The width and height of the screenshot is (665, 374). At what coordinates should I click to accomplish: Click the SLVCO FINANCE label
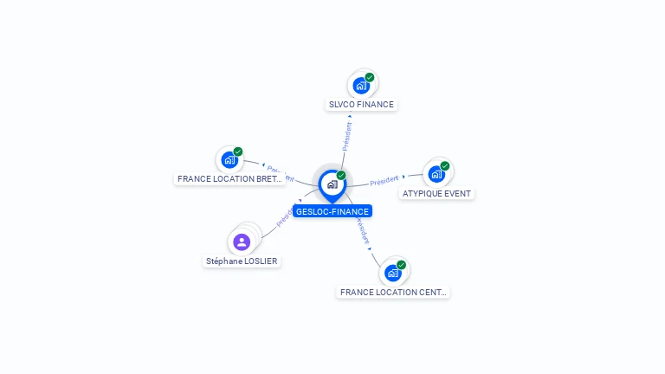click(361, 105)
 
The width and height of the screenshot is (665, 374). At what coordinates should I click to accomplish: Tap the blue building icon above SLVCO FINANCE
click(361, 87)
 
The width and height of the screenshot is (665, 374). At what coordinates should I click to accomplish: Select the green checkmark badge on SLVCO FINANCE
click(370, 78)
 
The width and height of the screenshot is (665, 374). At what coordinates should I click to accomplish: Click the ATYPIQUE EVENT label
click(436, 193)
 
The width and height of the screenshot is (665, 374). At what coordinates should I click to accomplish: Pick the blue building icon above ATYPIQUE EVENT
click(436, 174)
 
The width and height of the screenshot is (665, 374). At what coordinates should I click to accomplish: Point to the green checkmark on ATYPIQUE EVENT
click(445, 166)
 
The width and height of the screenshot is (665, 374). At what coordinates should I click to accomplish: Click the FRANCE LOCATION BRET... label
click(229, 179)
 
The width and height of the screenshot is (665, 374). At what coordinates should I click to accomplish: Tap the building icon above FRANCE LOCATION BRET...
click(229, 160)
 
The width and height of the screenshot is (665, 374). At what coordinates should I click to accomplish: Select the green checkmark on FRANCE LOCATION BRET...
click(238, 152)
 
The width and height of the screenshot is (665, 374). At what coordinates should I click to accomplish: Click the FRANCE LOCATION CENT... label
click(394, 293)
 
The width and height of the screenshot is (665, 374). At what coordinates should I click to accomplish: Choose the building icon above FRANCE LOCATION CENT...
click(393, 274)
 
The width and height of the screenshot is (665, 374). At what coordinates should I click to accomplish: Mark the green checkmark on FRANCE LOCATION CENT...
click(402, 265)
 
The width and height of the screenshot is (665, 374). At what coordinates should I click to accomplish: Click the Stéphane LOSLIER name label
click(242, 261)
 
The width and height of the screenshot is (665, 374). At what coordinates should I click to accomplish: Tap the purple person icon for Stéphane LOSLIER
click(242, 242)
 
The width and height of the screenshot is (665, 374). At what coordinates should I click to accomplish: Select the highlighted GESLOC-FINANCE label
click(332, 211)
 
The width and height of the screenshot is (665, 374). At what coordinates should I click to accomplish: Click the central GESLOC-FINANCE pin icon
click(332, 184)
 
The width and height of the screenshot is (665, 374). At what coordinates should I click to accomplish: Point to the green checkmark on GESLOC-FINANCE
click(341, 176)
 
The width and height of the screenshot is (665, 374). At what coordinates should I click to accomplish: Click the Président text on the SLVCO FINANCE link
click(347, 137)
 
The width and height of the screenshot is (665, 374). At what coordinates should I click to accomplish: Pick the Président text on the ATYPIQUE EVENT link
click(384, 181)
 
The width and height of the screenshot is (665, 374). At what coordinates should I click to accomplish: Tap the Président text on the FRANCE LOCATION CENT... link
click(363, 231)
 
